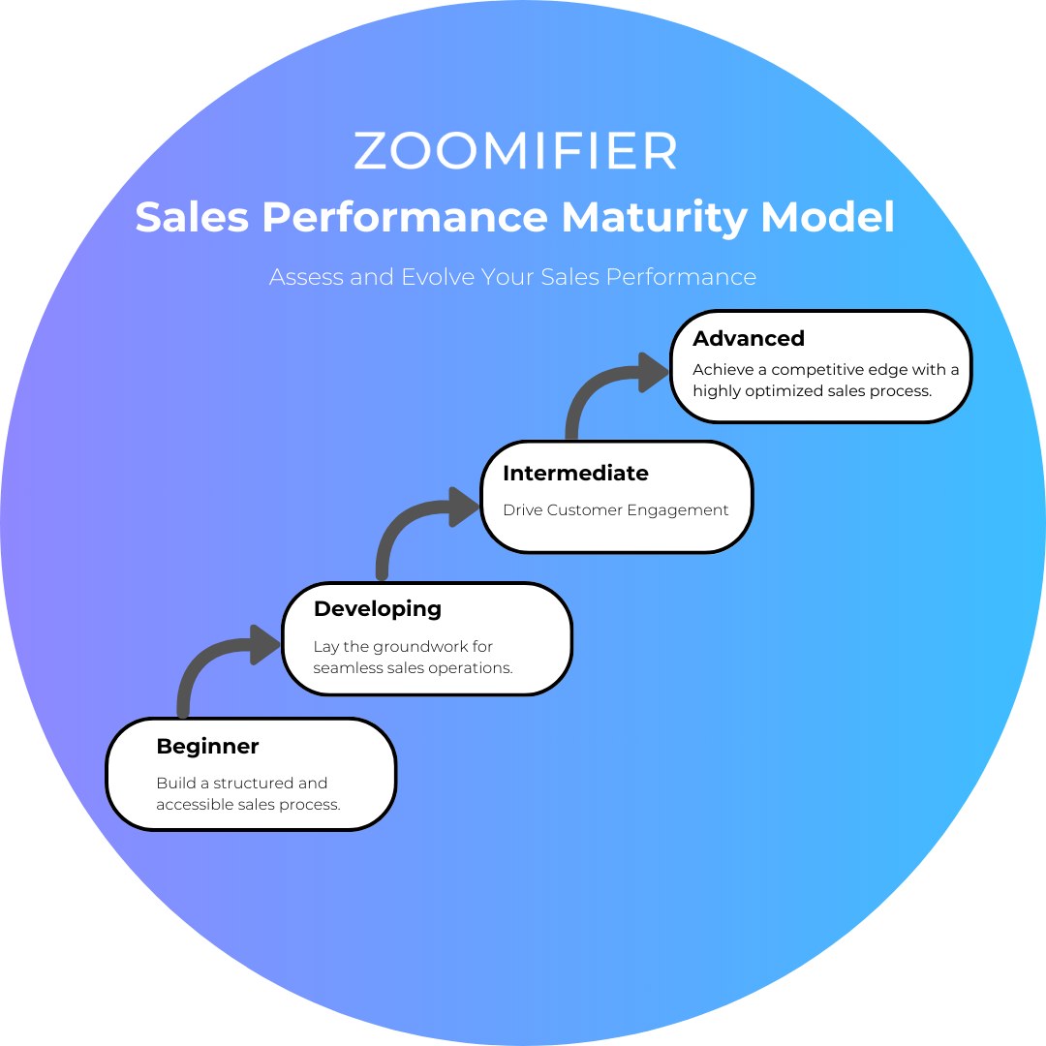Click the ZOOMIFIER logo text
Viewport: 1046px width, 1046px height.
pyautogui.click(x=515, y=151)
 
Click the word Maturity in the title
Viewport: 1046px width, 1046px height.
pyautogui.click(x=655, y=219)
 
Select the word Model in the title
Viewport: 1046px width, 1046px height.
pyautogui.click(x=827, y=217)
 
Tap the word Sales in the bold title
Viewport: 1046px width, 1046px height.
pyautogui.click(x=192, y=217)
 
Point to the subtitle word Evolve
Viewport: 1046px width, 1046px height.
pyautogui.click(x=438, y=277)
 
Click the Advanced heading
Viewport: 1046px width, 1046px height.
pyautogui.click(x=749, y=338)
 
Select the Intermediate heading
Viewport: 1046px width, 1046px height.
pyautogui.click(x=575, y=473)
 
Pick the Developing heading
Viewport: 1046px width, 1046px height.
pyautogui.click(x=378, y=610)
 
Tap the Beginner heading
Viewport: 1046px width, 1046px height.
pyautogui.click(x=207, y=747)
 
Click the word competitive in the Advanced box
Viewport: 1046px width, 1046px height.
pyautogui.click(x=811, y=370)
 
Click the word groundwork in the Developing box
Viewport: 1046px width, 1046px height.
pyautogui.click(x=420, y=646)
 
